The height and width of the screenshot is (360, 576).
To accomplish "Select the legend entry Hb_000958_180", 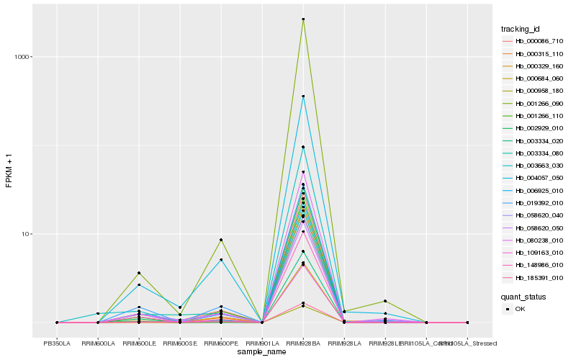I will click(x=534, y=91).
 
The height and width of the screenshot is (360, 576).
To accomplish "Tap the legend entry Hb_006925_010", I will click(x=534, y=189).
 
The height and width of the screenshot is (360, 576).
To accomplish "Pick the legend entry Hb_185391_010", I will click(x=534, y=276).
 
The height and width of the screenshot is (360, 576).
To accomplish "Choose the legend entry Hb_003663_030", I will click(x=534, y=165).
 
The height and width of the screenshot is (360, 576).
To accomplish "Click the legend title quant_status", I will click(x=523, y=296).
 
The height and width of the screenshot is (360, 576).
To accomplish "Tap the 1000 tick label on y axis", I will click(x=20, y=57).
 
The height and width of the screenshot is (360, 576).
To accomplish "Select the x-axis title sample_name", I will click(x=262, y=351).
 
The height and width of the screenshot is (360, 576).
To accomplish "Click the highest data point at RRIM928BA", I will click(x=303, y=19).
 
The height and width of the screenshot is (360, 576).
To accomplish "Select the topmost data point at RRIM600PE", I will click(x=221, y=240).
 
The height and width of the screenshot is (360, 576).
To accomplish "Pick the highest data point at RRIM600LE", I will click(x=139, y=273).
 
